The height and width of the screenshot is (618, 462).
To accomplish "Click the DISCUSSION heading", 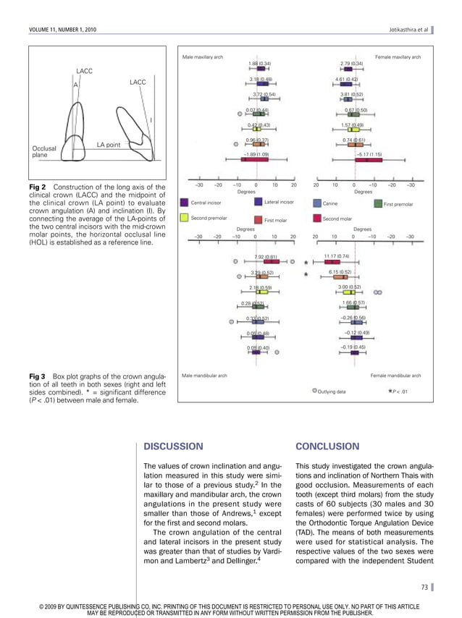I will [173, 446].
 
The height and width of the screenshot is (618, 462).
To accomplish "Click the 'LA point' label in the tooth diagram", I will [108, 145].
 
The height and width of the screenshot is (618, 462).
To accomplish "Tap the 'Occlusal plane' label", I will [46, 151].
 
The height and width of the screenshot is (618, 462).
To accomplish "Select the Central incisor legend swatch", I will [185, 203].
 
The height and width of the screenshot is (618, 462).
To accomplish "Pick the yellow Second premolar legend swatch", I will [185, 217].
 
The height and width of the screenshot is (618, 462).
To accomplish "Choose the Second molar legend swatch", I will [317, 217].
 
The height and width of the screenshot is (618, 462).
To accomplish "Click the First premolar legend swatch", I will [377, 203].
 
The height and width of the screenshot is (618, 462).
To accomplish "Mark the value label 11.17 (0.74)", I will [337, 256].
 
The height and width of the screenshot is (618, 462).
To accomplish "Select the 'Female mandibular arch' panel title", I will [395, 376].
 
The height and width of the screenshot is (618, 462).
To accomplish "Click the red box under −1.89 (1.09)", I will [255, 160].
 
